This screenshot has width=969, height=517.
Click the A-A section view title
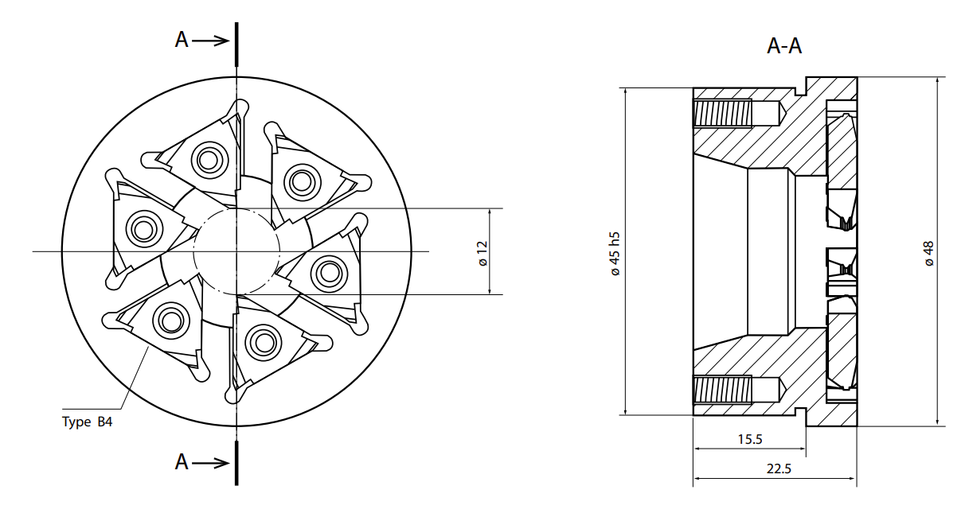[x=783, y=46]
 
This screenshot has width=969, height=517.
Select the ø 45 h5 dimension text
[x=615, y=254]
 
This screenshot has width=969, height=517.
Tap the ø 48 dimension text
[x=928, y=254]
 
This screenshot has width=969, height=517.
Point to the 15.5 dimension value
[x=750, y=439]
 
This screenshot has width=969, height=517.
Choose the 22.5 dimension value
[x=779, y=468]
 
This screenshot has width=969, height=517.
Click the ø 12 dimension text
[x=483, y=254]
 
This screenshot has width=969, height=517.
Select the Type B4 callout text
[x=87, y=422]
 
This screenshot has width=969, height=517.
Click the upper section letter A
[x=182, y=41]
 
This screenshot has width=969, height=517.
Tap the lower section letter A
[x=182, y=462]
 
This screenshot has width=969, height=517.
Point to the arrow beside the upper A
[x=211, y=41]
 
